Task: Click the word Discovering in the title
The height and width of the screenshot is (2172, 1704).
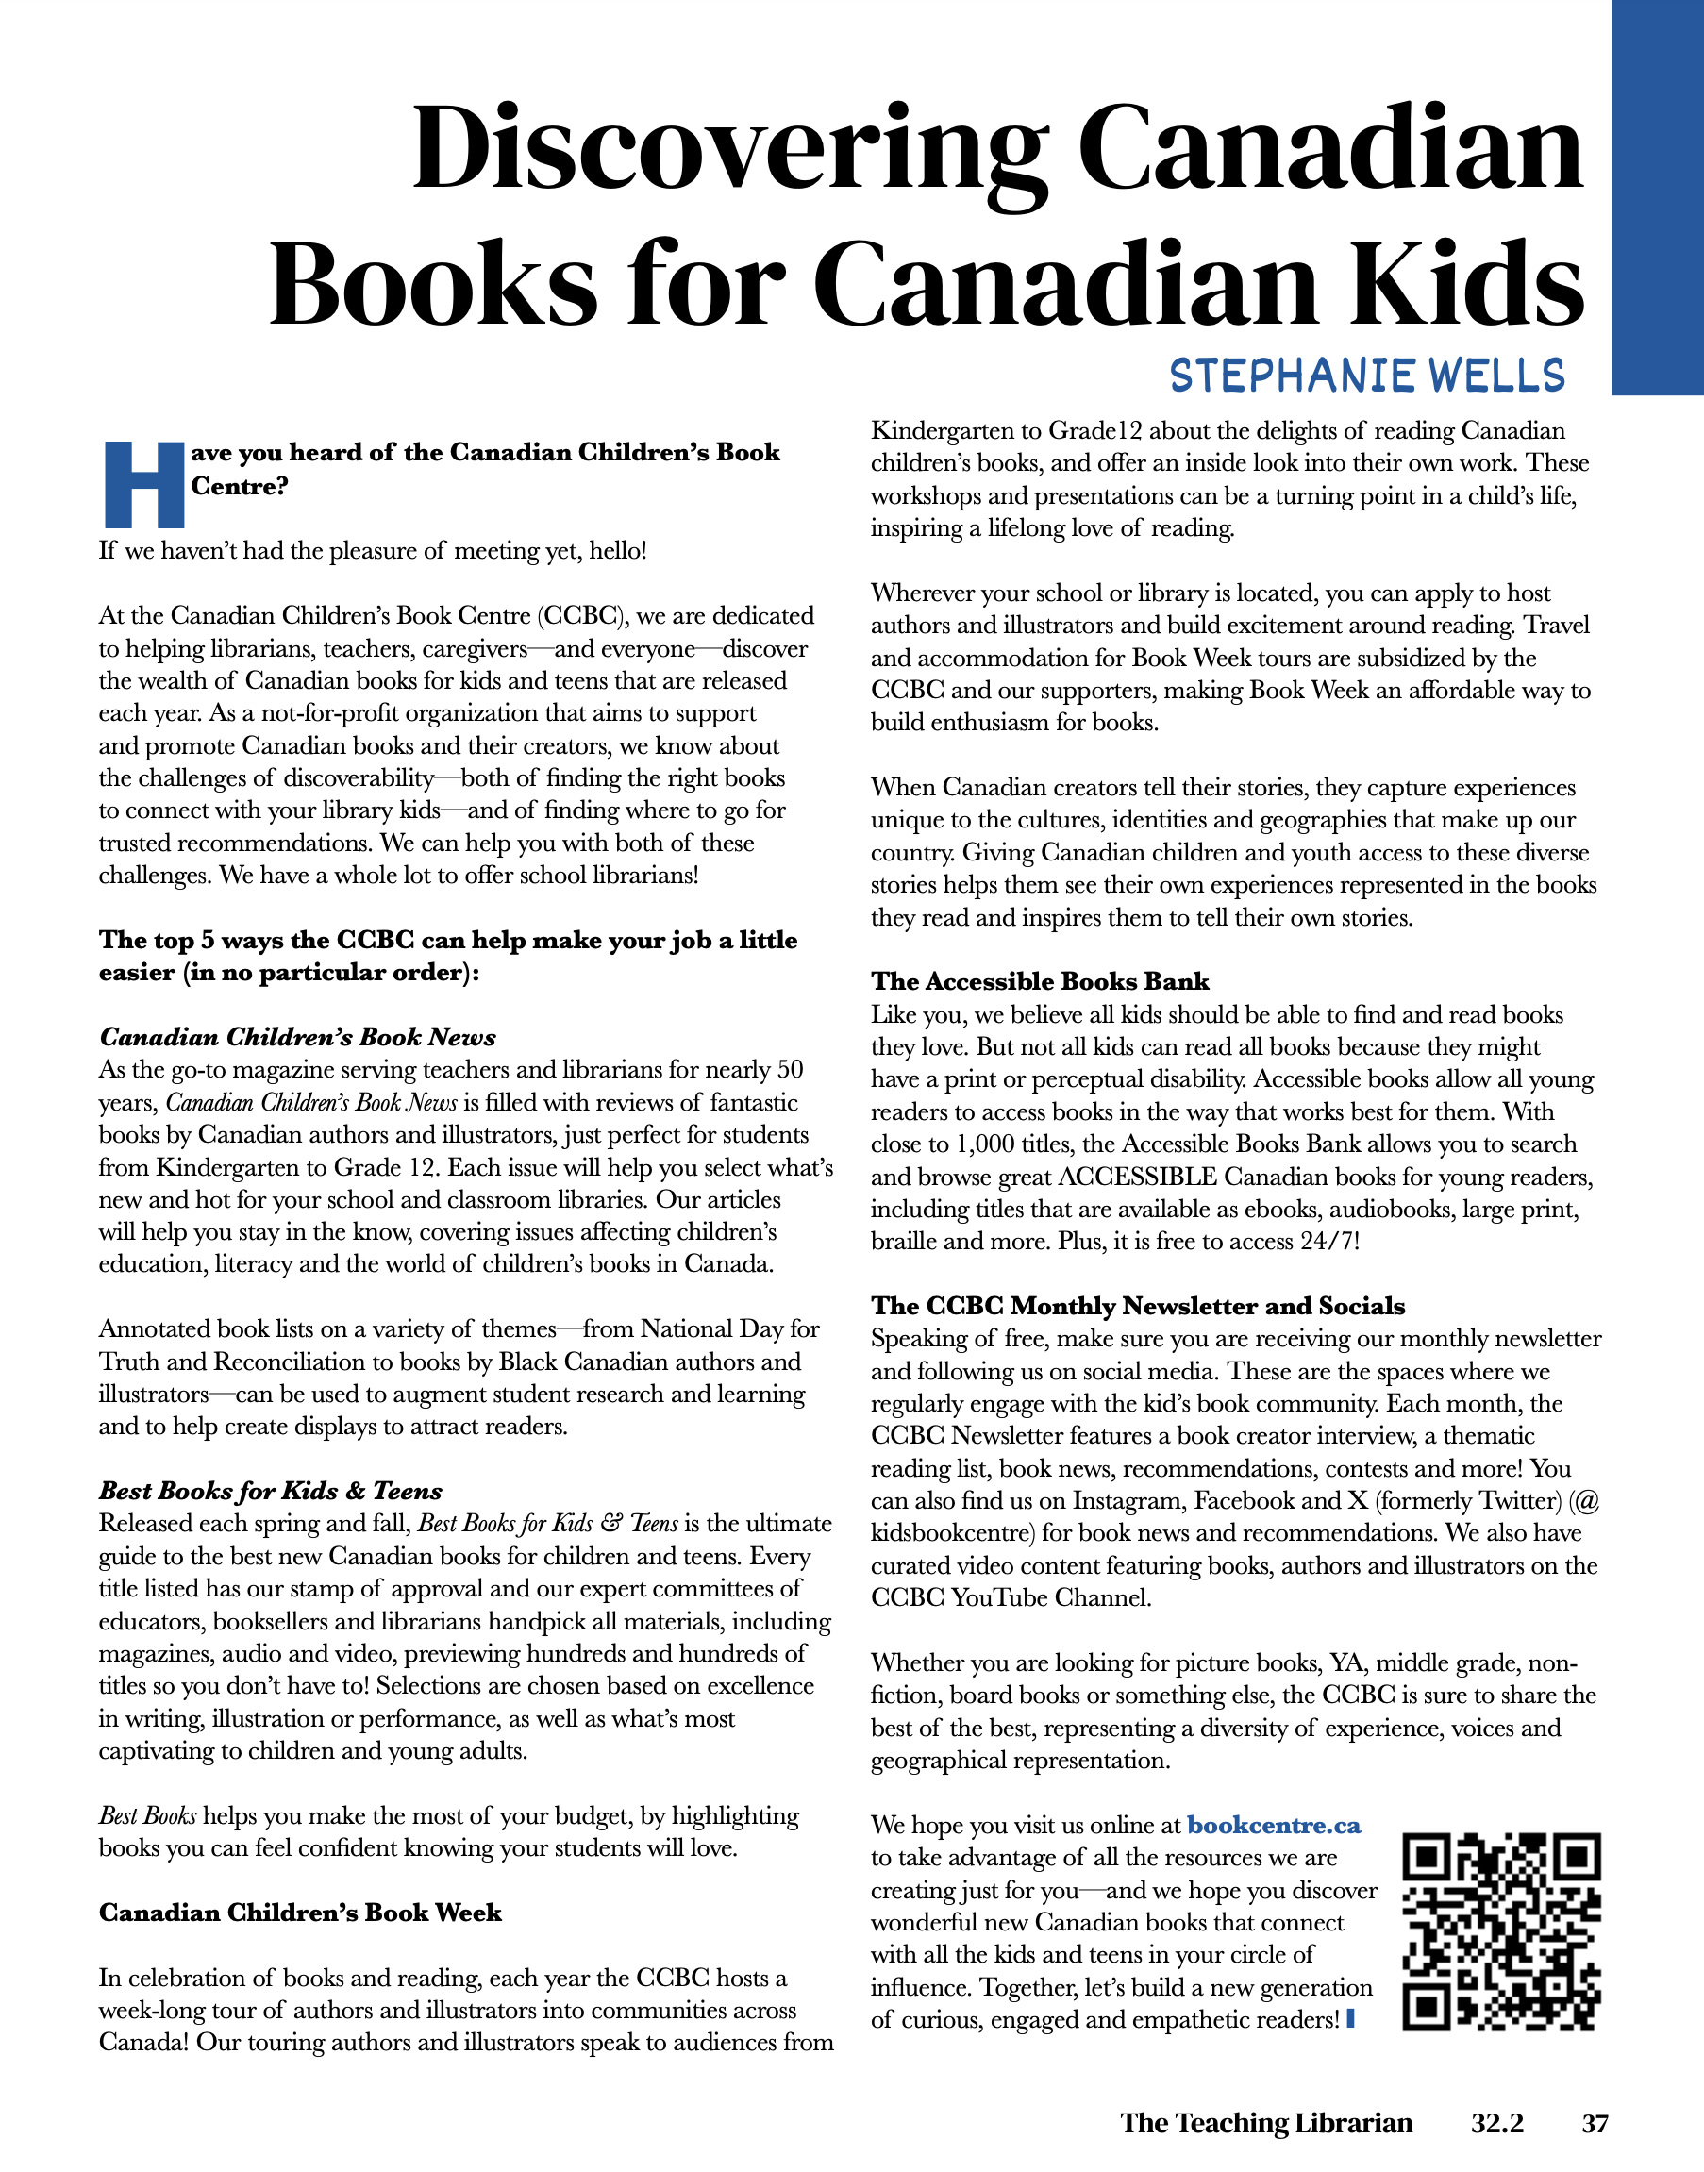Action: (728, 150)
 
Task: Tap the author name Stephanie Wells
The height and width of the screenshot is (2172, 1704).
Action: (1367, 376)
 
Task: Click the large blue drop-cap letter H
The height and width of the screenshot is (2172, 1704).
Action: (144, 485)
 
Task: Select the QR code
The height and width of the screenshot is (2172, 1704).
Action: (1500, 1931)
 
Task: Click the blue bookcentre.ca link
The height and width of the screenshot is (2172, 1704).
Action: (1273, 1826)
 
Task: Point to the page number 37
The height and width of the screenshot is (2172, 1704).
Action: (1595, 2123)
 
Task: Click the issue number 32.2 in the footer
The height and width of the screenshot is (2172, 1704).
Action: (1496, 2123)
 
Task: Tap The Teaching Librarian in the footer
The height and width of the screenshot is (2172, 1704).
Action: (1265, 2123)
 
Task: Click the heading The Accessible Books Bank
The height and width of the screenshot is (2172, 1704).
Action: (1040, 981)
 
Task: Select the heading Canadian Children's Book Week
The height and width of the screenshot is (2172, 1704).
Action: (299, 1913)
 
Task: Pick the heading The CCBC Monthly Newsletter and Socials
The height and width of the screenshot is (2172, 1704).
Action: (1137, 1306)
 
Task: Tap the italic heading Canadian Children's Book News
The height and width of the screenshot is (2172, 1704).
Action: (297, 1037)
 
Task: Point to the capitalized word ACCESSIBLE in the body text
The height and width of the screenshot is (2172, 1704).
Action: (1137, 1178)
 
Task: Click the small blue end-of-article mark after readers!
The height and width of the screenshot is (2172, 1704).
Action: (1351, 2018)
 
